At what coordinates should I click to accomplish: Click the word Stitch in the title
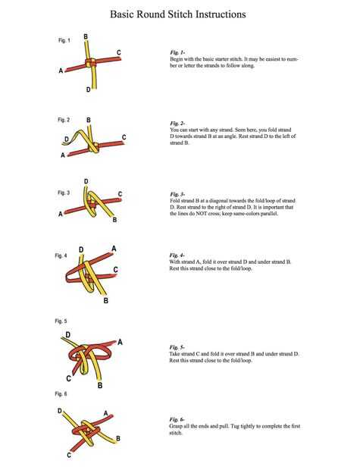(179, 14)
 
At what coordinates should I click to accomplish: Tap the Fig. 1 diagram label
(64, 40)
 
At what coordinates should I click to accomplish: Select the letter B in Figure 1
(86, 36)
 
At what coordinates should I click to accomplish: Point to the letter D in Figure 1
(88, 89)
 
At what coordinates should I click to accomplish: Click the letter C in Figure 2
(124, 137)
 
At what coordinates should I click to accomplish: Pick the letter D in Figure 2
(67, 139)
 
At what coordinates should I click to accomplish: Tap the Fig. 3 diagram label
(64, 193)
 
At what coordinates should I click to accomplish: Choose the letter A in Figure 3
(61, 214)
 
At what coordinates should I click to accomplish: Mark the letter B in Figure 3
(114, 220)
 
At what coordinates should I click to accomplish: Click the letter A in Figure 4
(114, 249)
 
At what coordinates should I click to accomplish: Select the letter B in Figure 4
(106, 300)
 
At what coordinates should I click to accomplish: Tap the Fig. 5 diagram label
(61, 321)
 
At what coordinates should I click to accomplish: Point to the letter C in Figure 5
(69, 378)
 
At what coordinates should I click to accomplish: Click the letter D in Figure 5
(68, 334)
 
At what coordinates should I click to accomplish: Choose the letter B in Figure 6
(118, 438)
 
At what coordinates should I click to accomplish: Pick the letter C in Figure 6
(69, 455)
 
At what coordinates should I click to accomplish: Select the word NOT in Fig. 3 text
(202, 214)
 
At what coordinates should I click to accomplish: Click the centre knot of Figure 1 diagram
(90, 63)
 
